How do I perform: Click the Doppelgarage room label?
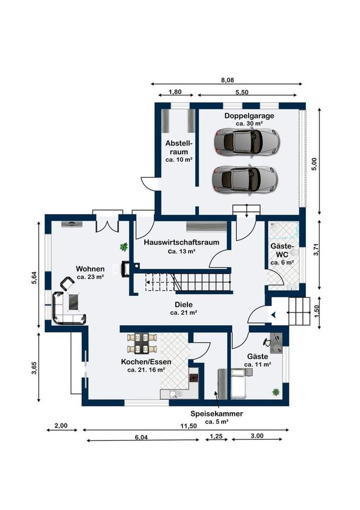coord(248,115)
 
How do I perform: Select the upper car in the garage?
coord(244,141)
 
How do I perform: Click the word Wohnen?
coord(90,269)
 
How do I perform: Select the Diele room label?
coord(183,305)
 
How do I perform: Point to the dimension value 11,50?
coord(188,426)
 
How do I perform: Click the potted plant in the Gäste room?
coord(276,392)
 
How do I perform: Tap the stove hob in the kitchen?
coord(194,379)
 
